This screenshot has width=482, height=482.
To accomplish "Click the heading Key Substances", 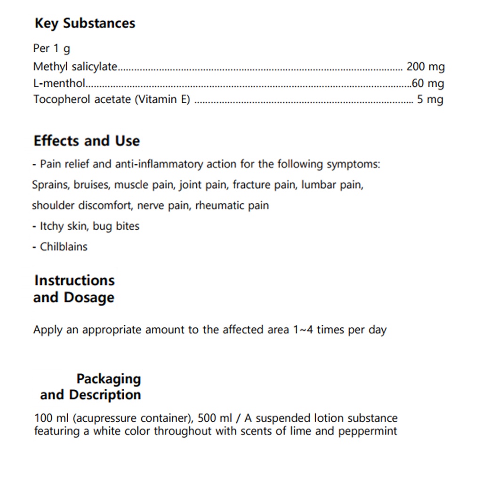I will (x=85, y=23).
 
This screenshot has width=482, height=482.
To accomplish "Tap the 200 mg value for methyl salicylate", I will (x=425, y=67).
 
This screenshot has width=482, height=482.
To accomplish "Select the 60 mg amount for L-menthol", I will (x=427, y=83).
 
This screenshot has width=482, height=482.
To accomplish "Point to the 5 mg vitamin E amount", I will (x=430, y=99).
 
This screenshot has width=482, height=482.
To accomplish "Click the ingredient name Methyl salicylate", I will (x=75, y=67).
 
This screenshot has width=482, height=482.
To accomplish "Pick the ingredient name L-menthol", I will (x=59, y=83).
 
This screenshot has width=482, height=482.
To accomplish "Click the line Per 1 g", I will (x=52, y=48).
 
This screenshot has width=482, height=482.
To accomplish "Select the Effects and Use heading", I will (x=87, y=141).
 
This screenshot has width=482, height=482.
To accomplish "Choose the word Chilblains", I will (x=64, y=246).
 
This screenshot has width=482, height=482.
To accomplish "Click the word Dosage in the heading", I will (x=89, y=297).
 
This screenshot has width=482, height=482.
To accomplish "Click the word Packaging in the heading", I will (x=109, y=378).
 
